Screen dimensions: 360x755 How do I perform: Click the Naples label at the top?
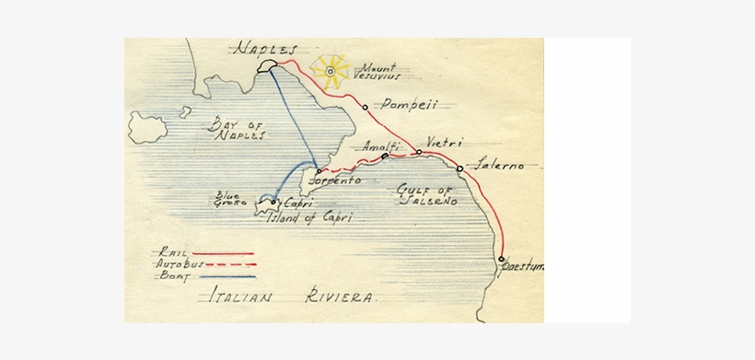(x=266, y=48)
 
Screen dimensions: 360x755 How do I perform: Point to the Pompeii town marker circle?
(x=366, y=107)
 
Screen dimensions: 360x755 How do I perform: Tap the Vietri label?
(x=445, y=143)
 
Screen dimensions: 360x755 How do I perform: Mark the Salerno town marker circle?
(x=459, y=168)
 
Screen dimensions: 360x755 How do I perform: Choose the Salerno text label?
(x=499, y=166)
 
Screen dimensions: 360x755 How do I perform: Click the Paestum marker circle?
(x=502, y=259)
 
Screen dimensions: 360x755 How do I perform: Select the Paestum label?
(x=523, y=266)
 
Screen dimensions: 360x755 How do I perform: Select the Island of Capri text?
(x=309, y=217)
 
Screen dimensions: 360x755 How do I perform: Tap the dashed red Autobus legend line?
(x=226, y=264)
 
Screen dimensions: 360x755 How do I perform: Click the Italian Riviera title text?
(x=290, y=298)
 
